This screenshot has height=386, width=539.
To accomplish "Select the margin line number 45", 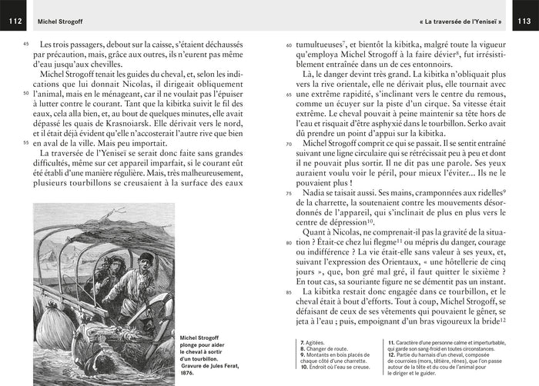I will pyautogui.click(x=26, y=45).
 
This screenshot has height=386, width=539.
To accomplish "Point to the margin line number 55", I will pyautogui.click(x=26, y=143).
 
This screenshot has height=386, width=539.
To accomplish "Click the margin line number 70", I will pyautogui.click(x=289, y=144).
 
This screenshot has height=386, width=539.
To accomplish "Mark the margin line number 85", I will pyautogui.click(x=289, y=292).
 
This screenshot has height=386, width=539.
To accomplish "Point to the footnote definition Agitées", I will pyautogui.click(x=314, y=341).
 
